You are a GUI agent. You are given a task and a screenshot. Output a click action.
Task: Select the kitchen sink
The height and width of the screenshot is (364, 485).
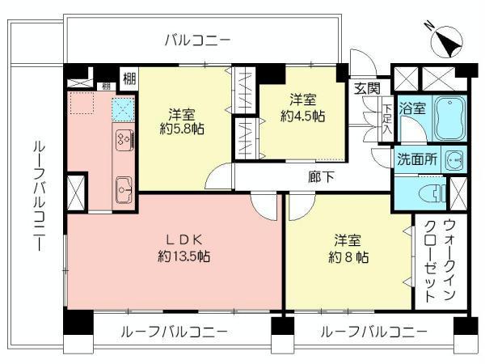124,189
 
